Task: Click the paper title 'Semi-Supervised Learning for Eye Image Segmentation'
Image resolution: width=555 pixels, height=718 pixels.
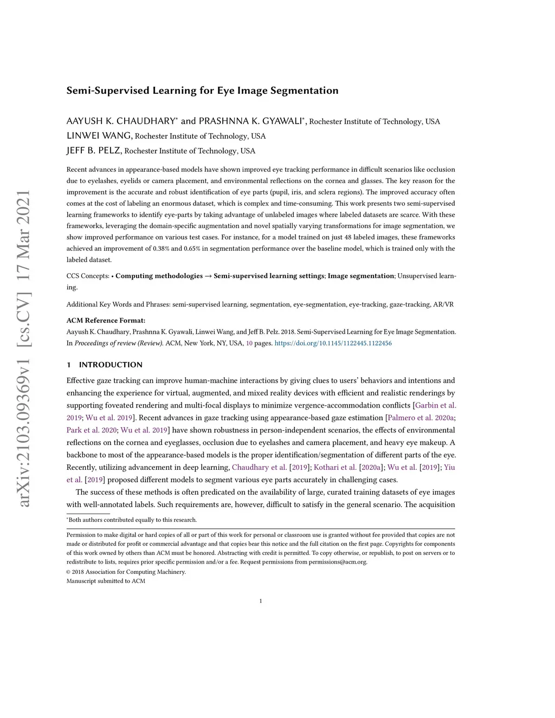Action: click(x=202, y=90)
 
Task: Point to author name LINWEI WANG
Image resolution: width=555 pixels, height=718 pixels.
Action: click(x=99, y=135)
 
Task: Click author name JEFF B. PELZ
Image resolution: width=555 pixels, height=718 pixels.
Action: click(x=94, y=150)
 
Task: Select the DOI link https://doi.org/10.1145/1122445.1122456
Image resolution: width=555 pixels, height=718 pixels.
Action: click(x=333, y=343)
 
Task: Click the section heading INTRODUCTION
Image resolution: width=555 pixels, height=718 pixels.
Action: click(x=111, y=365)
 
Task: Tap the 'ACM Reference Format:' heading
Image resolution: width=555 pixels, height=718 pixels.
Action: click(x=106, y=320)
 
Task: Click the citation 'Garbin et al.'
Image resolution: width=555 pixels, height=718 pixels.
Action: click(x=435, y=405)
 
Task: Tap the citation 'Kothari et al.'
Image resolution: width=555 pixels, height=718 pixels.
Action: click(x=335, y=467)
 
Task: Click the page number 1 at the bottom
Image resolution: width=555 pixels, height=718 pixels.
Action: click(x=261, y=600)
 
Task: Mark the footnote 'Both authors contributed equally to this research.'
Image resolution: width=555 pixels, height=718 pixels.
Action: click(x=132, y=520)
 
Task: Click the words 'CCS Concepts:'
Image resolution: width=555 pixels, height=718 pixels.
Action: click(x=88, y=276)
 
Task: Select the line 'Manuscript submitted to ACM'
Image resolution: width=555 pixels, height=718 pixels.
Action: click(x=106, y=581)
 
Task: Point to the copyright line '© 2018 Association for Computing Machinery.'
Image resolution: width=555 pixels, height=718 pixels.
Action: click(x=126, y=572)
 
